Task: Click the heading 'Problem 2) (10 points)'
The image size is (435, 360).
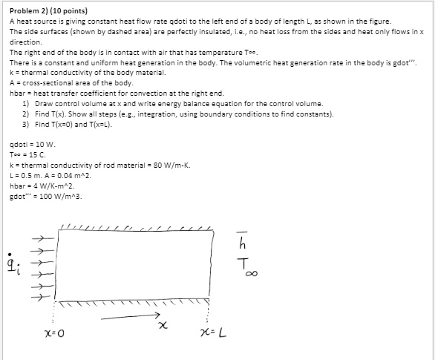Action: [x=48, y=12]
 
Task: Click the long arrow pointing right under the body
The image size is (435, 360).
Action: [x=126, y=315]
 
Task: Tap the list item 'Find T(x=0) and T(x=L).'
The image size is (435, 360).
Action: [x=73, y=124]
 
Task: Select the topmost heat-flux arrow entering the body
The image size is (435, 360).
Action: [x=45, y=238]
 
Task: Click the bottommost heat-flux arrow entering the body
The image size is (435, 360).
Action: [x=45, y=299]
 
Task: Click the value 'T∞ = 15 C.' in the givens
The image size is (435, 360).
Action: [x=30, y=154]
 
